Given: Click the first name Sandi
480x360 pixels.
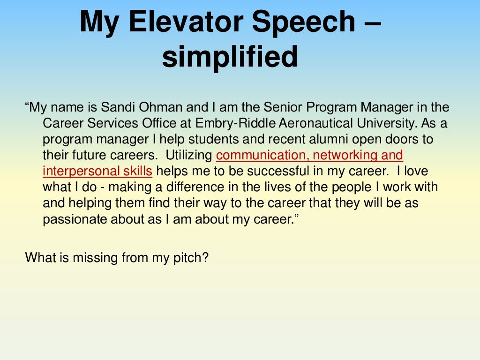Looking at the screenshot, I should [116, 107].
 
